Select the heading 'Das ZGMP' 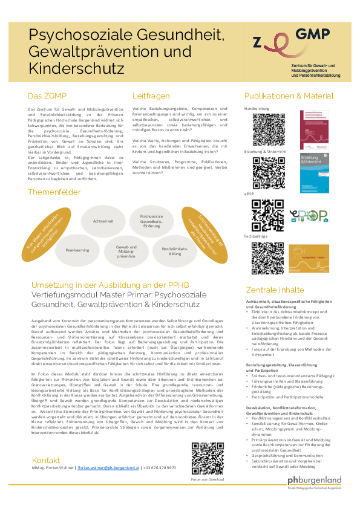coord(47,96)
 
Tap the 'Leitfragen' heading coord(151,96)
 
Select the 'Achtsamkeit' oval coord(103,222)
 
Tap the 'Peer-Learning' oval coord(79,248)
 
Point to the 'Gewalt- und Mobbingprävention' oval coord(126,252)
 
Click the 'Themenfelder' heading coord(54,192)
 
